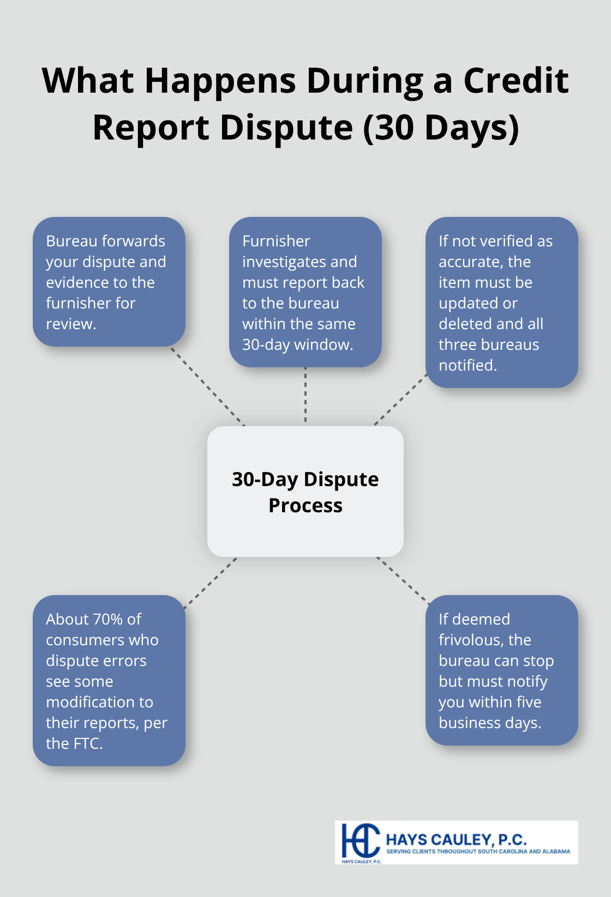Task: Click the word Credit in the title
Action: tap(516, 81)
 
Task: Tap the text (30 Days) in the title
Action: tap(441, 128)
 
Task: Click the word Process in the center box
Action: tap(305, 506)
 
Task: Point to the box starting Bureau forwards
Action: tap(109, 281)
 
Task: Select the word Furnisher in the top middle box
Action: tap(276, 241)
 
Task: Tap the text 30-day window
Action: tap(297, 344)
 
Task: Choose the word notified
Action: tap(468, 365)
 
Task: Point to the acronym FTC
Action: tap(87, 743)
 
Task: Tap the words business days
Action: tap(489, 723)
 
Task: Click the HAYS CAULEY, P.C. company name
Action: tap(456, 839)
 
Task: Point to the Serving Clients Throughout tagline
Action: tap(478, 851)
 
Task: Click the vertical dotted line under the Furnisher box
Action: tap(305, 396)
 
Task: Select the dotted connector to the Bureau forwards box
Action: tap(207, 386)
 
